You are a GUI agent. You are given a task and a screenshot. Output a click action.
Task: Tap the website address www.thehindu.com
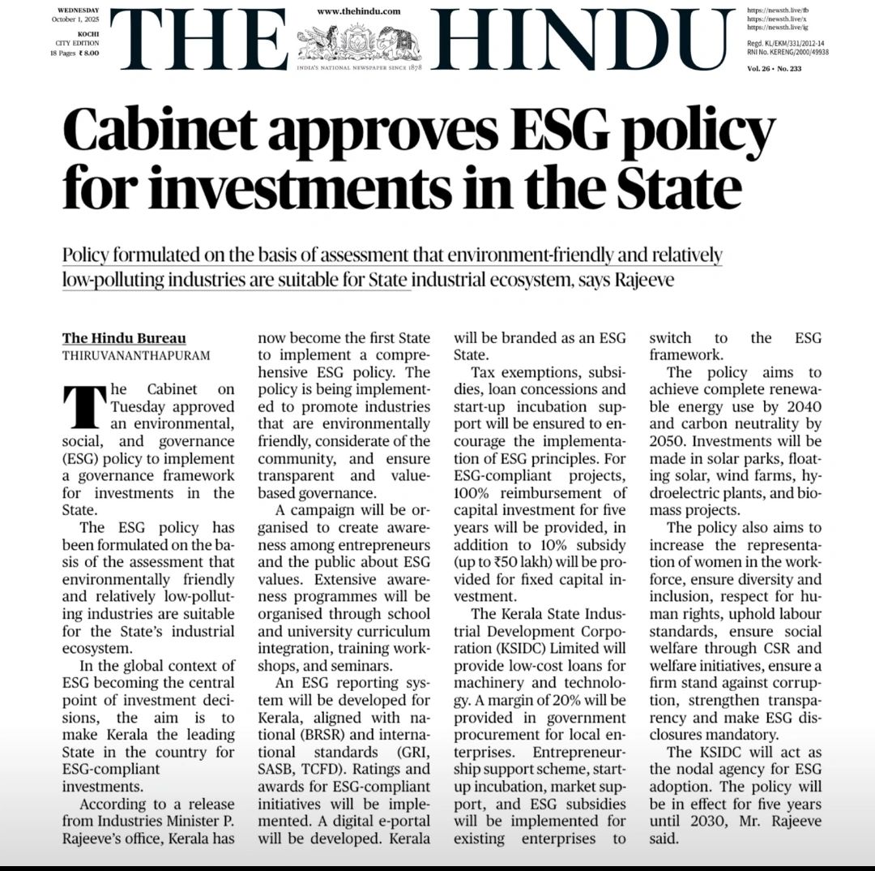click(358, 11)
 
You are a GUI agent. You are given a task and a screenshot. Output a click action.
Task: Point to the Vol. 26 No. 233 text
click(774, 69)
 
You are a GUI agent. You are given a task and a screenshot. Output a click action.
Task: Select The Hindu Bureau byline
click(124, 338)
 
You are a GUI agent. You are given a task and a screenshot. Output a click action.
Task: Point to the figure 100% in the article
click(479, 493)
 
